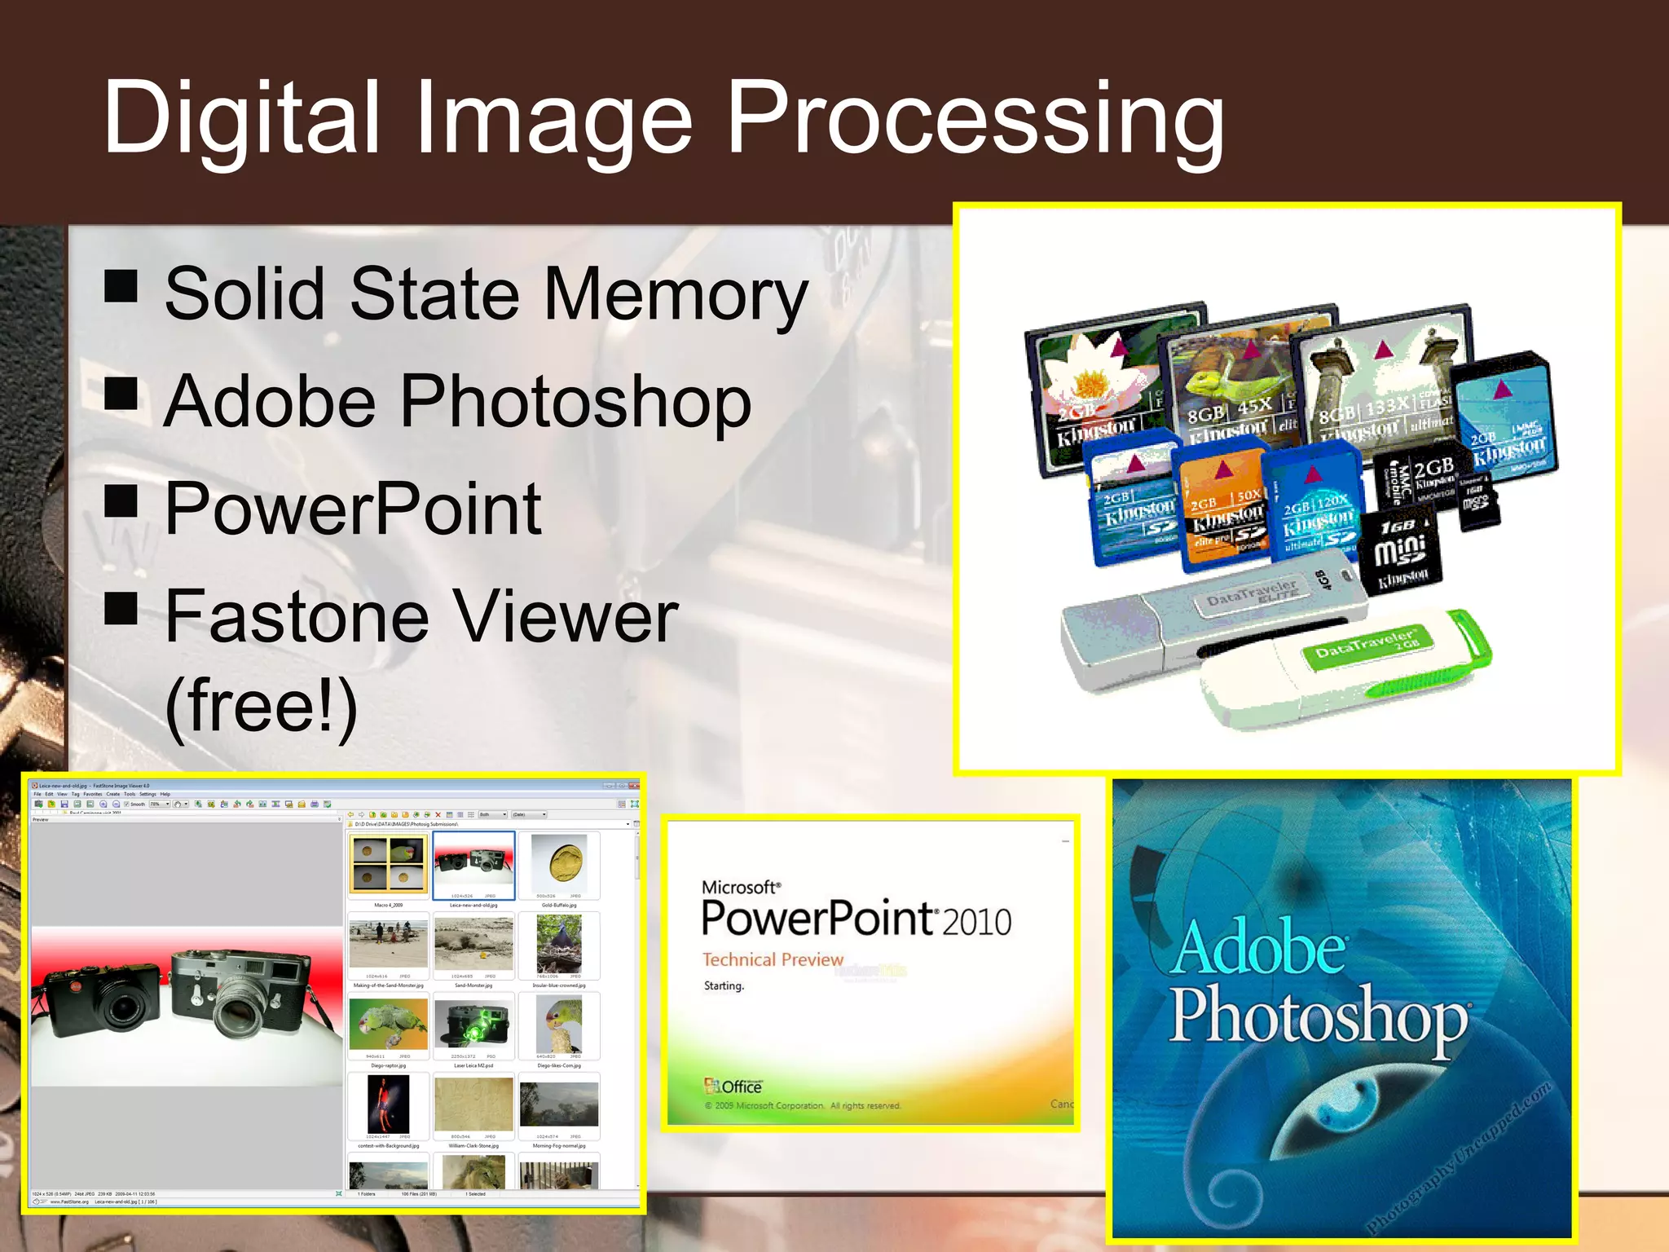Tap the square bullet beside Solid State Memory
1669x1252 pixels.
point(121,285)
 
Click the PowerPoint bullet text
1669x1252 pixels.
point(353,509)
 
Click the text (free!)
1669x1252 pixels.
point(261,706)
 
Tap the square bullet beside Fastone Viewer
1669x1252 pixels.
point(121,607)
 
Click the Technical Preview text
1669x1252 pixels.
point(773,959)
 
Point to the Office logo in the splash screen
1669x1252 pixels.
point(733,1087)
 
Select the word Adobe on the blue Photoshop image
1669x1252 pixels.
point(1260,947)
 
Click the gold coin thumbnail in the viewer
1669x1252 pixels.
point(561,863)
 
